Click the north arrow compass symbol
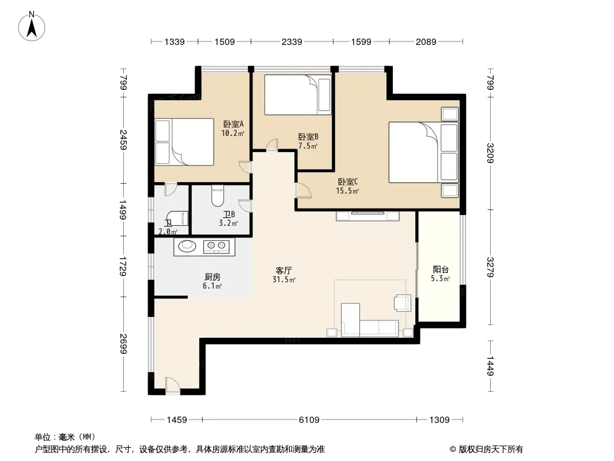click(x=32, y=27)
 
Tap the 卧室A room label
click(x=233, y=124)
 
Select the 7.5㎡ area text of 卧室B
click(x=308, y=146)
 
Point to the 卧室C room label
click(x=348, y=182)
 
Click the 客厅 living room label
click(x=284, y=271)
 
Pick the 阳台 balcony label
click(x=441, y=270)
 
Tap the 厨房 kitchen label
click(x=212, y=277)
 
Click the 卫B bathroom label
click(x=229, y=214)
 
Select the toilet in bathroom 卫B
click(x=217, y=197)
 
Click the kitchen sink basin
click(x=187, y=246)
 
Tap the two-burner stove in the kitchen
click(x=217, y=245)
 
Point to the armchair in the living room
click(x=402, y=303)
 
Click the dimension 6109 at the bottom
click(x=309, y=420)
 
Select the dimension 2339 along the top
click(x=291, y=41)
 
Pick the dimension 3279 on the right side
click(x=490, y=267)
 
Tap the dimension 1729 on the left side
click(x=123, y=266)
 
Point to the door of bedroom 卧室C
click(x=304, y=191)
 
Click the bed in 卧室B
click(x=298, y=95)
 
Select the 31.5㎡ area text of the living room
click(x=284, y=279)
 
